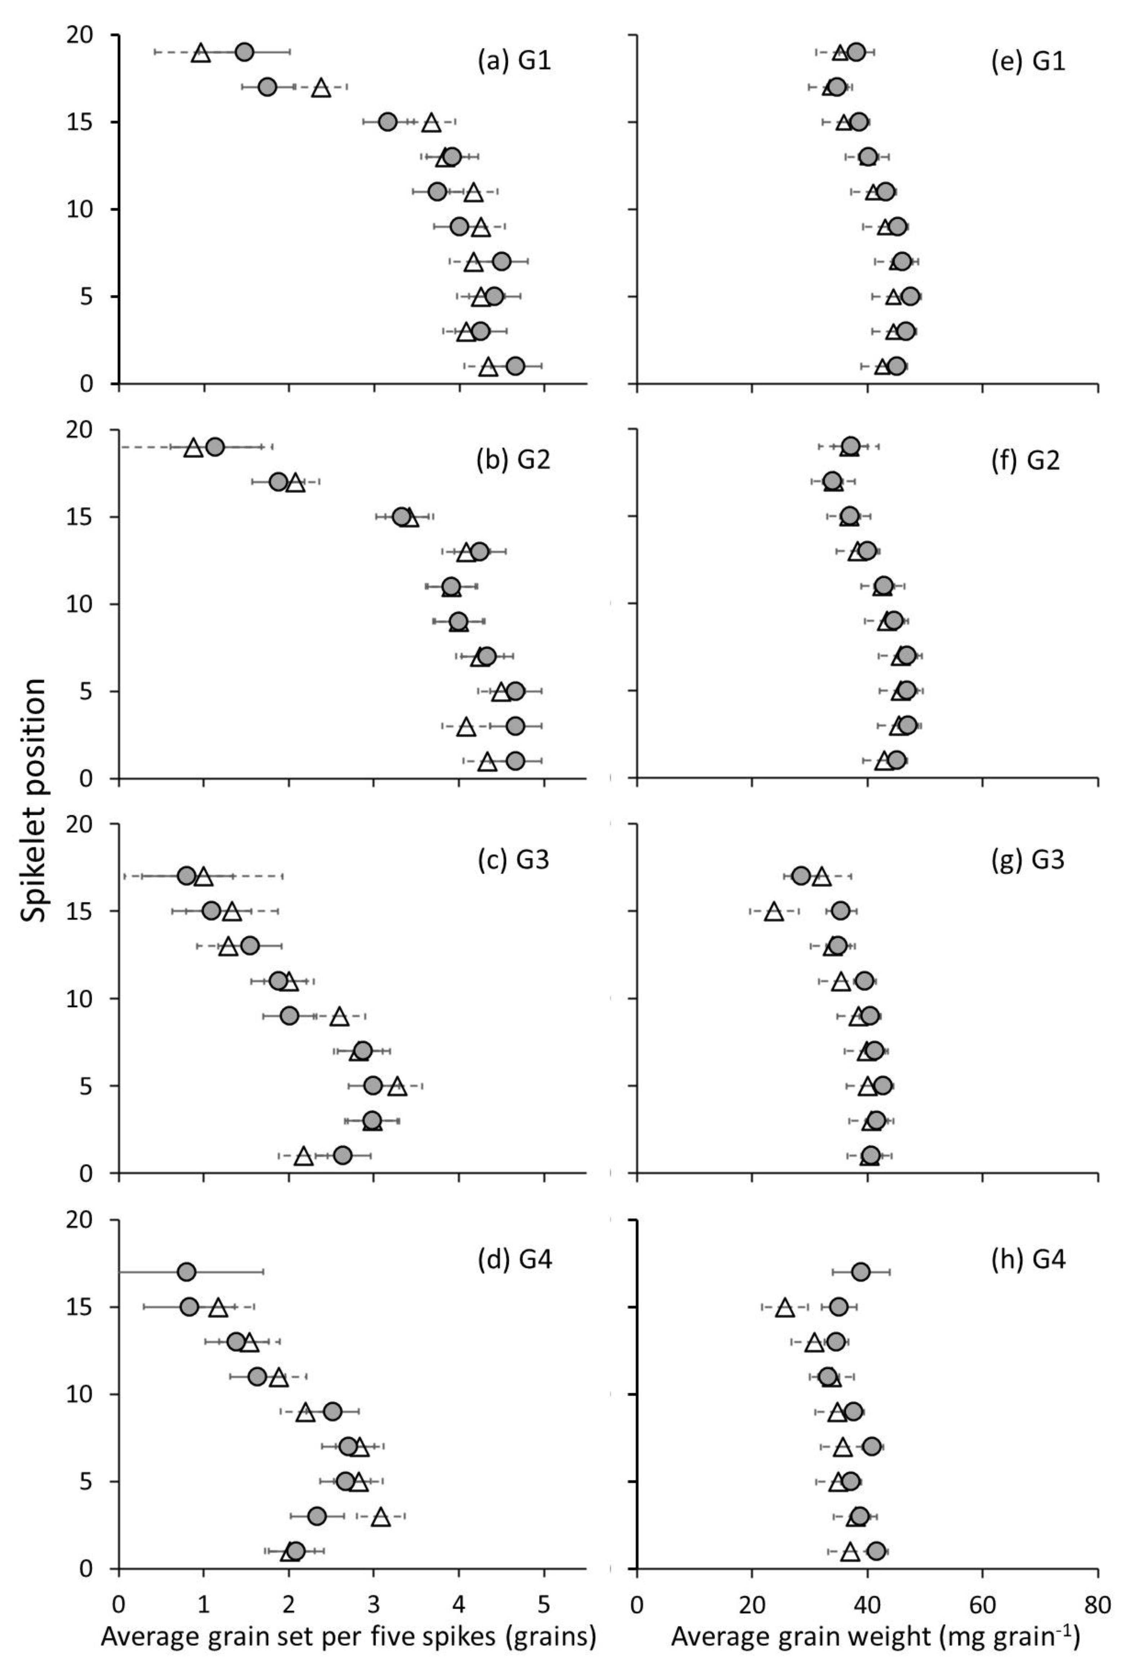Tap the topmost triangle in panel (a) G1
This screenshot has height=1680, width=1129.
point(201,53)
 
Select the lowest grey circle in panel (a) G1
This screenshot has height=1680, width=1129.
point(515,366)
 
